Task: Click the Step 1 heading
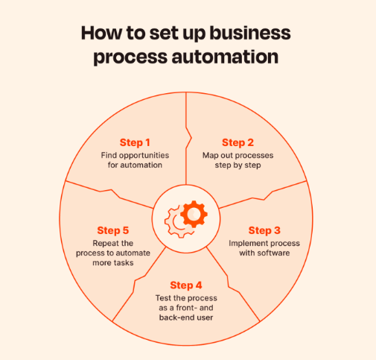tap(135, 142)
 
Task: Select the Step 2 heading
tap(238, 142)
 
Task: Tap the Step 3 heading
tap(264, 230)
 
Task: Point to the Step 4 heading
tap(186, 285)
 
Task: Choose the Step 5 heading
tap(113, 230)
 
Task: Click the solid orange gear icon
tap(194, 214)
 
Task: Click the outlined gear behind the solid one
tap(176, 222)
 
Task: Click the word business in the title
tap(250, 33)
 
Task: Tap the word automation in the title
tap(225, 57)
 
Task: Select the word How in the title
tap(101, 33)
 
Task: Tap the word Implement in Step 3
tap(246, 244)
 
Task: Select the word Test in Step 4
tap(162, 298)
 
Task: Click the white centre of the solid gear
tap(194, 214)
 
